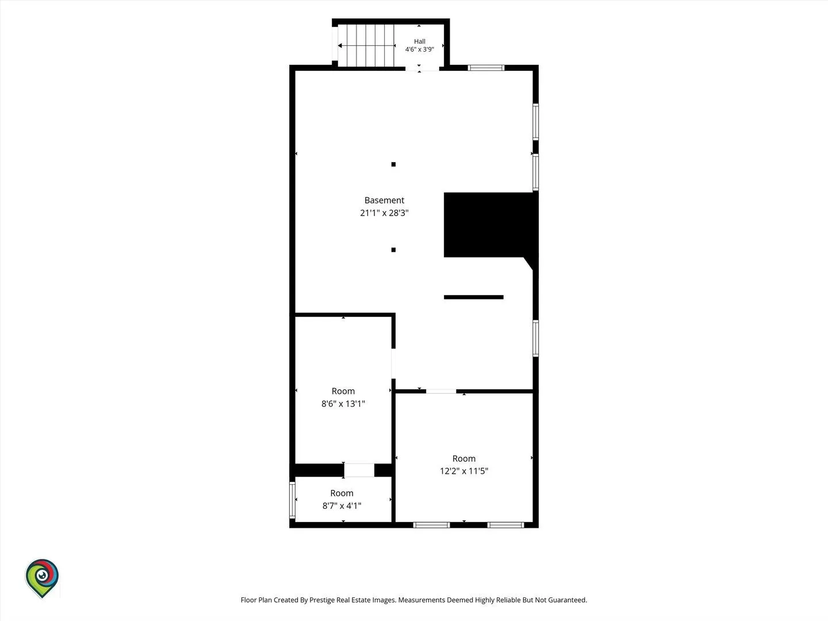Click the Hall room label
coord(420,41)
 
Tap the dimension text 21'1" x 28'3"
coord(384,213)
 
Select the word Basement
coord(384,200)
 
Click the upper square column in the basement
coord(393,164)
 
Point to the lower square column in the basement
coord(393,250)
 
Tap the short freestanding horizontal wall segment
coord(473,297)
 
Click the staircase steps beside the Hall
coord(366,45)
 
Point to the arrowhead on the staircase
coord(340,45)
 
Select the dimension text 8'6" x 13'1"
coord(343,404)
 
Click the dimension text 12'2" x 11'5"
coord(463,471)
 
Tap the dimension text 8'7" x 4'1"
coord(342,505)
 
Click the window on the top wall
coord(486,68)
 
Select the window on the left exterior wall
coord(292,500)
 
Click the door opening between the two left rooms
coord(359,470)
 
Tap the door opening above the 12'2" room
coord(441,392)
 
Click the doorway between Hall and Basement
coord(422,68)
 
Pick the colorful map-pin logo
coord(42,578)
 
